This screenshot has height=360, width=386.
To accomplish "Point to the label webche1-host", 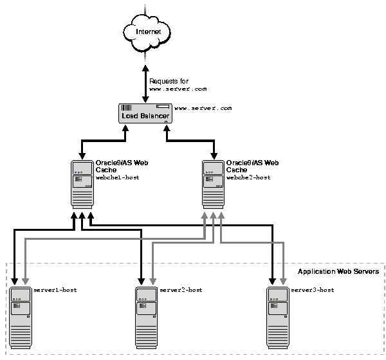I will [118, 177].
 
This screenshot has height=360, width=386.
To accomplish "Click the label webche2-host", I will [248, 177].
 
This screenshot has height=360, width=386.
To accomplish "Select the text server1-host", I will [55, 290].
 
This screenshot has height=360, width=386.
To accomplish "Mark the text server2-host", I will [181, 290].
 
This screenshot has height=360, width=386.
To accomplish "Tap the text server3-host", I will [313, 290].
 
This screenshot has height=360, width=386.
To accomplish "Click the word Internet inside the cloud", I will [147, 31].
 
